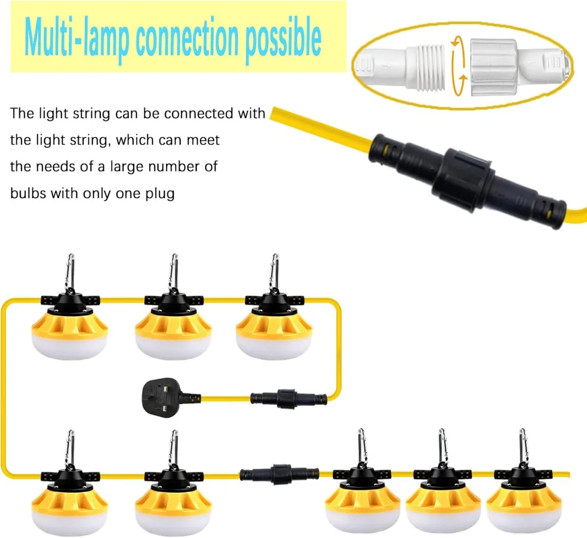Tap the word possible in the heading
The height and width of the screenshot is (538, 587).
[283, 40]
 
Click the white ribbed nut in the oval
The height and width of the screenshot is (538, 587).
[494, 68]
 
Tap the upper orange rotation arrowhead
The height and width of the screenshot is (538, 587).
[455, 44]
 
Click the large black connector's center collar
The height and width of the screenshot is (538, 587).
[462, 180]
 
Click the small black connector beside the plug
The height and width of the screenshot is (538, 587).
[289, 398]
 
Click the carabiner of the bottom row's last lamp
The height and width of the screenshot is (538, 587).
[522, 447]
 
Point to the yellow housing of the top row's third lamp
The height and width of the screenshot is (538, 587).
[274, 325]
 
